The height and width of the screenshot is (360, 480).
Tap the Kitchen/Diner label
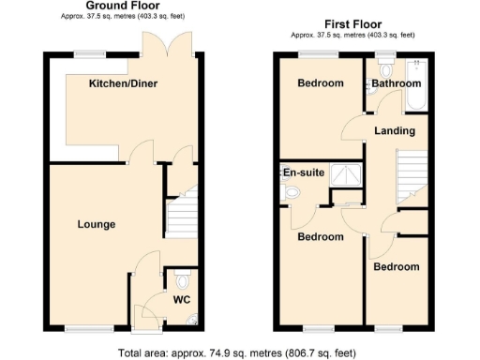(x=123, y=84)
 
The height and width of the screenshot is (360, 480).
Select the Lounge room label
(x=97, y=225)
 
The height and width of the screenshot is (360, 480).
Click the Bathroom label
(x=395, y=83)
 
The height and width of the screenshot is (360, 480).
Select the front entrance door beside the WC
(x=147, y=323)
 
